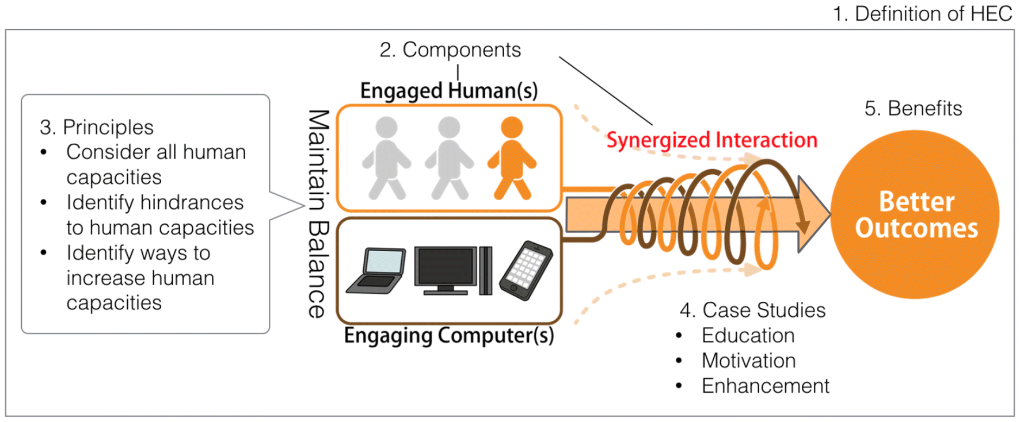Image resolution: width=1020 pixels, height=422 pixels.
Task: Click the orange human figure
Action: point(512,158)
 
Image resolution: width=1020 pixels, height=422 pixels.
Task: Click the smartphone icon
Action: point(526,271)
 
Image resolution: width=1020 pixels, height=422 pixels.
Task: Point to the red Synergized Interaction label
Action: point(711,140)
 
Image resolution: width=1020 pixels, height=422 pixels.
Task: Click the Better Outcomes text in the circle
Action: point(916,214)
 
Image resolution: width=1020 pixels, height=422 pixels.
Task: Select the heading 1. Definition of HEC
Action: point(922,14)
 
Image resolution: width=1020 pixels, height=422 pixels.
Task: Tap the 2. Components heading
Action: point(450,50)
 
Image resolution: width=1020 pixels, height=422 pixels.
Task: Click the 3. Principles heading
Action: point(97,127)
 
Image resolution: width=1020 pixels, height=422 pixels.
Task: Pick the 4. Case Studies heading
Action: point(752,310)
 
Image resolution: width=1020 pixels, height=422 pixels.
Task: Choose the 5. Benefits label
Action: point(913,108)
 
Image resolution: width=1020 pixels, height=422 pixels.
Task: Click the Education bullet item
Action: point(748,335)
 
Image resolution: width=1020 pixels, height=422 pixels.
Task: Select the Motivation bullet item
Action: point(748,360)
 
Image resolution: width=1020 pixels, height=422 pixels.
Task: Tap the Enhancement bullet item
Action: point(765,386)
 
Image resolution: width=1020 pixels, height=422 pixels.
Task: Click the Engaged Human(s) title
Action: point(448,91)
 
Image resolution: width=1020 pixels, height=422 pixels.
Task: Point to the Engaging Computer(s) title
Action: point(448,335)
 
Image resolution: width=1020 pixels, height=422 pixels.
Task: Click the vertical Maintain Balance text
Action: point(318,213)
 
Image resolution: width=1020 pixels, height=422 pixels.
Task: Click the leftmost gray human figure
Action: point(386,158)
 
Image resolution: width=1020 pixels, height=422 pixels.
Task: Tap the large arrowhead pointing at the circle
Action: point(813,214)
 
